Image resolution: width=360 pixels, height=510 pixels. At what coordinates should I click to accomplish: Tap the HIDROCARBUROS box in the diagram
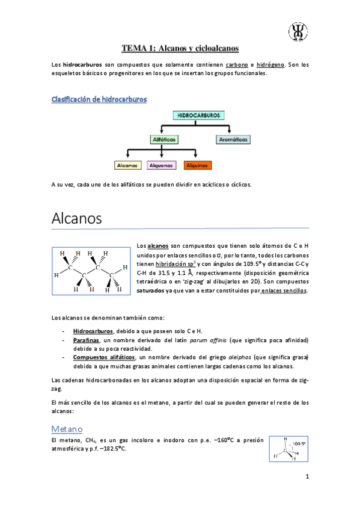click(x=198, y=114)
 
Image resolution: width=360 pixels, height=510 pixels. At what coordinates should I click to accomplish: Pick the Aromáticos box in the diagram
click(x=232, y=140)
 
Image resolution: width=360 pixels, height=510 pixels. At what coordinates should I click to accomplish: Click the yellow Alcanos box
click(x=127, y=165)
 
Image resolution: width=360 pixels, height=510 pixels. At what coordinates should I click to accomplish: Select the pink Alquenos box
click(x=160, y=165)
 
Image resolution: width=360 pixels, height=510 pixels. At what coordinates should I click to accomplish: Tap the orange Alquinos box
click(x=197, y=165)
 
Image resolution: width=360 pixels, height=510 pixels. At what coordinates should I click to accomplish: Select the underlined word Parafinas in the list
click(x=87, y=340)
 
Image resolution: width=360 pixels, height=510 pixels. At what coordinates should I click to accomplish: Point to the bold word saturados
click(x=154, y=290)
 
